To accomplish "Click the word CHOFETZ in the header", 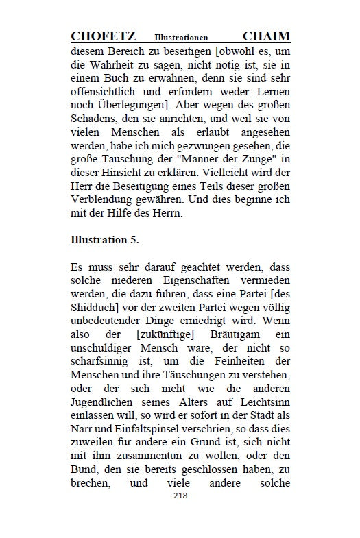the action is [x=103, y=36].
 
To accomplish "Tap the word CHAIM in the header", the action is [x=267, y=36].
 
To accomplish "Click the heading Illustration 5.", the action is [x=104, y=241].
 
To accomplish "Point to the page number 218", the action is [x=180, y=495].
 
